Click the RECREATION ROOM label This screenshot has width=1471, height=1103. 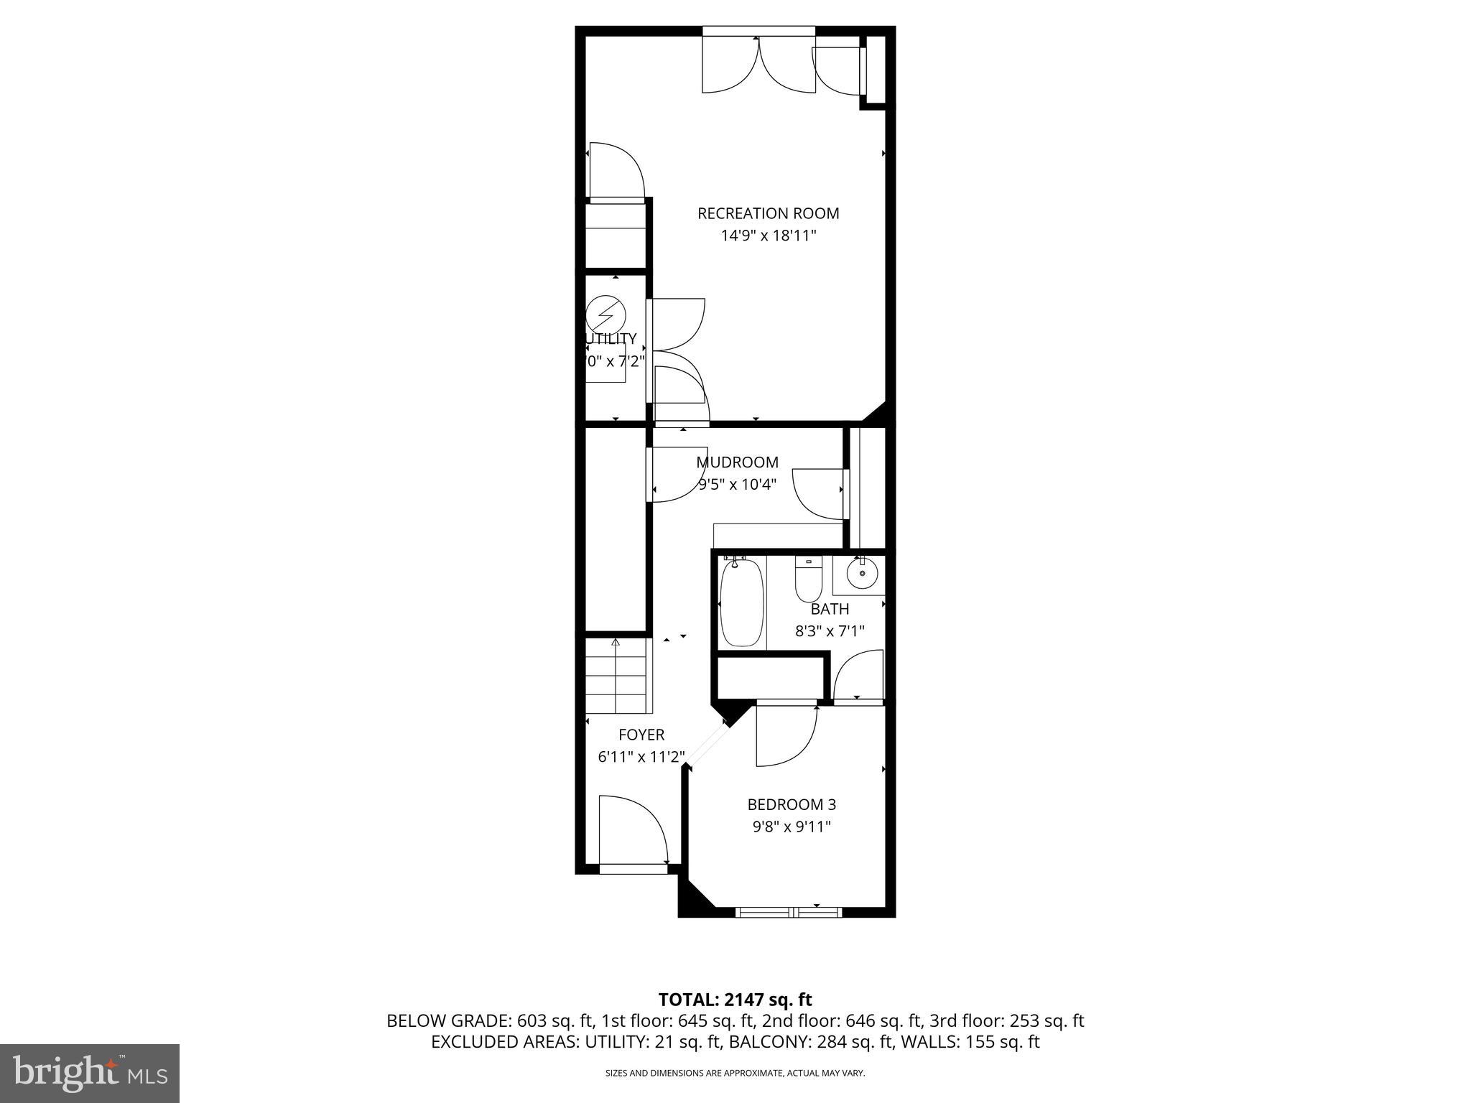click(x=768, y=213)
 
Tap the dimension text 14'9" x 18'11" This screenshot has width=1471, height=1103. click(x=769, y=236)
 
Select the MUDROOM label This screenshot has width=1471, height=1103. click(x=737, y=462)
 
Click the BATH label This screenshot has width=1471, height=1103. click(x=830, y=609)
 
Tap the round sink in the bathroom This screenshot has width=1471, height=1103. click(x=861, y=574)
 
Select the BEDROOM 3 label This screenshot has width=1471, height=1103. click(x=792, y=804)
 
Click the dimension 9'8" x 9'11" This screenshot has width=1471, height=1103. click(x=792, y=827)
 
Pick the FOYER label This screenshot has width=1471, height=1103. click(x=641, y=735)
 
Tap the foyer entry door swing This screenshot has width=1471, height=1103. click(x=632, y=829)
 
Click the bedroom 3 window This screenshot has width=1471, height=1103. click(x=789, y=912)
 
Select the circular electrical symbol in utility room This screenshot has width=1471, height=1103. click(x=605, y=315)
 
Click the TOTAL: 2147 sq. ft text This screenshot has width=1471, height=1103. click(x=735, y=1000)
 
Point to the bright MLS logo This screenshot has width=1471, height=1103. click(x=90, y=1073)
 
